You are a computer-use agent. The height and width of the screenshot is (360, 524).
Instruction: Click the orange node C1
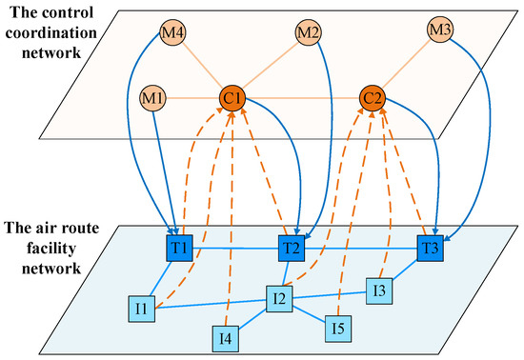[232, 96]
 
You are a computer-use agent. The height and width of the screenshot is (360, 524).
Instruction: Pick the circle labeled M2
[308, 32]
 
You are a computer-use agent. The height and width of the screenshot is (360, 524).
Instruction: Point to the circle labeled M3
[440, 31]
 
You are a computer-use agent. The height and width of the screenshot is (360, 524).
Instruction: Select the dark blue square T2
[292, 248]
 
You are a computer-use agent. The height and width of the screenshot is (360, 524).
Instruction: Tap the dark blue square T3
[431, 248]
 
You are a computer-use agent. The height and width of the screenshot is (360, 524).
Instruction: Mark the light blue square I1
[141, 309]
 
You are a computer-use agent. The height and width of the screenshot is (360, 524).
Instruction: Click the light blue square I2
[279, 300]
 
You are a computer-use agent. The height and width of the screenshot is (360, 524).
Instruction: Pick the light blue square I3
[380, 289]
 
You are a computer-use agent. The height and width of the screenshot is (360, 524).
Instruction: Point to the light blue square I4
[225, 336]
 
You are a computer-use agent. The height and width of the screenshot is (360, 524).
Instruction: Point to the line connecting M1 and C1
[191, 96]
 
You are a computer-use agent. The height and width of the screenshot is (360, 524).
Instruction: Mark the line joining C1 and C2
[302, 96]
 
